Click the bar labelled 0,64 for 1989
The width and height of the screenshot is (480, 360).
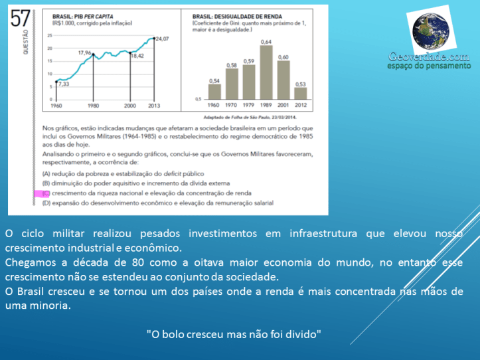coord(266,72)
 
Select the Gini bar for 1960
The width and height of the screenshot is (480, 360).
coord(214,92)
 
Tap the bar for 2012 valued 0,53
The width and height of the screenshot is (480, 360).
coord(300,92)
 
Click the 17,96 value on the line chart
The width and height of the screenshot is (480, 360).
coord(84,52)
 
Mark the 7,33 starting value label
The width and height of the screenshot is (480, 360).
coord(63,84)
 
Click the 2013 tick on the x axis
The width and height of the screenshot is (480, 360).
coord(153,106)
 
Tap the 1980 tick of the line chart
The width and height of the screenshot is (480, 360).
coord(92,106)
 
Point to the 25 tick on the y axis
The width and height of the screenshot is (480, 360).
coord(50,36)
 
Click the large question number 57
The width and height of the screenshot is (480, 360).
coord(20,17)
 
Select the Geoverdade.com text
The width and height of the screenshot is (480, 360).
coord(430,57)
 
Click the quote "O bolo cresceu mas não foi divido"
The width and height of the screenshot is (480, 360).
coord(234,333)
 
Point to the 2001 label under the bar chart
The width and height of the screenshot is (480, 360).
coord(283,106)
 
